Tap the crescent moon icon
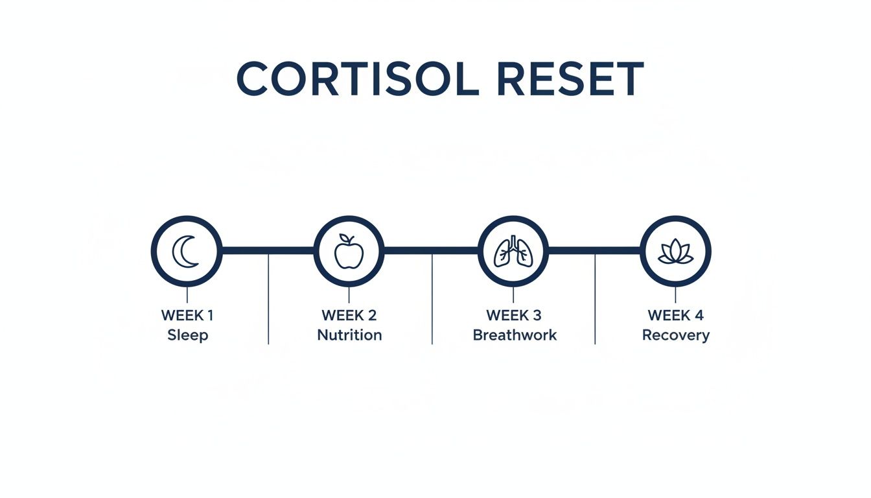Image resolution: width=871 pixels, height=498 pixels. pyautogui.click(x=186, y=252)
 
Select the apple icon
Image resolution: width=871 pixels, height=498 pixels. pyautogui.click(x=349, y=252)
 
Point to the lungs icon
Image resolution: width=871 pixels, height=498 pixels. pyautogui.click(x=513, y=252)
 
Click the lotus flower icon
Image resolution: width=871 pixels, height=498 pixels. pyautogui.click(x=675, y=252)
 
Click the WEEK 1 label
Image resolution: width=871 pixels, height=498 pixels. pyautogui.click(x=187, y=316)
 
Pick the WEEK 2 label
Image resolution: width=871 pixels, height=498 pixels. pyautogui.click(x=349, y=316)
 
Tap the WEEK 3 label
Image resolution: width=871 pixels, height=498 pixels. pyautogui.click(x=513, y=316)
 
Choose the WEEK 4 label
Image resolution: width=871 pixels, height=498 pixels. pyautogui.click(x=675, y=316)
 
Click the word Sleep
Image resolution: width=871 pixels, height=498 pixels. pyautogui.click(x=188, y=335)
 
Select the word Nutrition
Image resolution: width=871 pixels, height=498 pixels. pyautogui.click(x=349, y=335)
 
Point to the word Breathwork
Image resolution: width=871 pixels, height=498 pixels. pyautogui.click(x=515, y=335)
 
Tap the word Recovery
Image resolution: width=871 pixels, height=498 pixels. pyautogui.click(x=676, y=335)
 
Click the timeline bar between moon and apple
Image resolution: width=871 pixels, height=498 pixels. pyautogui.click(x=268, y=250)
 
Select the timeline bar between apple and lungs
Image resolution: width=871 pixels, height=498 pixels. pyautogui.click(x=431, y=250)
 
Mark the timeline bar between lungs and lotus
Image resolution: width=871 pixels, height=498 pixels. pyautogui.click(x=594, y=250)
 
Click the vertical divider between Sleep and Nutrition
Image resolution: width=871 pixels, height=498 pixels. pyautogui.click(x=268, y=305)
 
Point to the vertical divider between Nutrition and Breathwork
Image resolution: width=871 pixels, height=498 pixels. pyautogui.click(x=432, y=305)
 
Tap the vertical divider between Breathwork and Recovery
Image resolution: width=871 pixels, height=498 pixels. pyautogui.click(x=595, y=305)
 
